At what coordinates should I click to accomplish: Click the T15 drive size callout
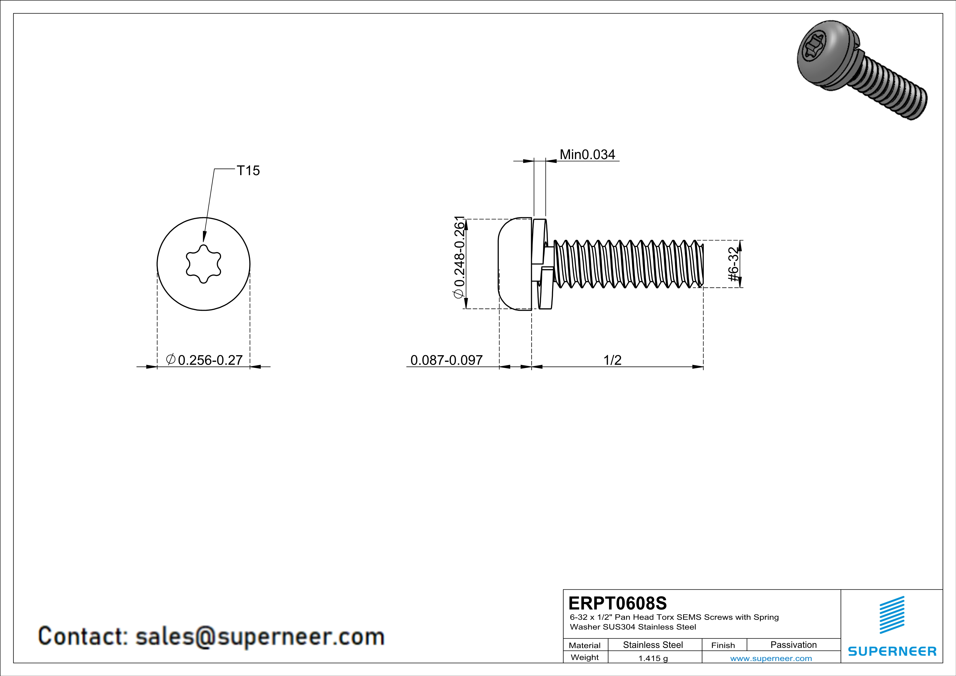coord(248,170)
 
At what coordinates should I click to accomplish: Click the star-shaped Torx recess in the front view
coord(203,264)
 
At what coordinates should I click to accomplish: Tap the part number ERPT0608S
coord(617,603)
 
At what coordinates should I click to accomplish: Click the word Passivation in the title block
coord(793,645)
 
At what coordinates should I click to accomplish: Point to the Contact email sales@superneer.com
coord(211,636)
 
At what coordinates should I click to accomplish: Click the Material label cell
coord(585,645)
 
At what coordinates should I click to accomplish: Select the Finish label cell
coord(723,645)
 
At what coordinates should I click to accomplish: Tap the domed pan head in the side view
coord(515,264)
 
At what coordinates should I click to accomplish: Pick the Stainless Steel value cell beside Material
coord(653,645)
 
